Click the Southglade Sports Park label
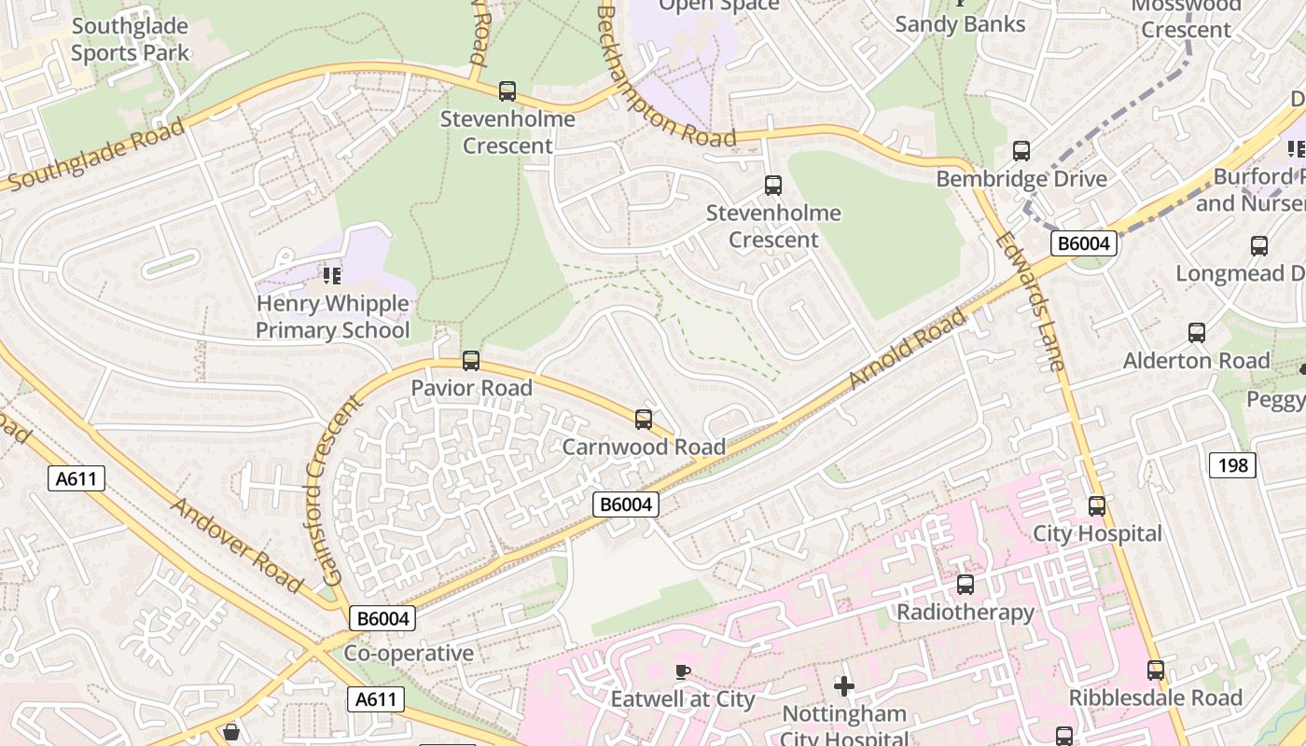[130, 39]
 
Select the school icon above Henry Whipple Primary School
[331, 275]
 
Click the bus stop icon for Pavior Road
[471, 361]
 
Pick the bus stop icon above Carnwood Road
[644, 420]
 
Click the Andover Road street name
[238, 546]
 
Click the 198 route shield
[1232, 464]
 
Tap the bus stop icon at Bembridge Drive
[1021, 151]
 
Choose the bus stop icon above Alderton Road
[1197, 333]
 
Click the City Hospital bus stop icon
[1097, 506]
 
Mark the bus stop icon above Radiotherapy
[966, 585]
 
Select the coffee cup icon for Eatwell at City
[683, 671]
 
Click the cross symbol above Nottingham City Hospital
[844, 687]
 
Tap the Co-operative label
[409, 653]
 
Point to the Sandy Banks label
[960, 24]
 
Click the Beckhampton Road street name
[666, 78]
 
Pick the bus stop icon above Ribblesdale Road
[1156, 670]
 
